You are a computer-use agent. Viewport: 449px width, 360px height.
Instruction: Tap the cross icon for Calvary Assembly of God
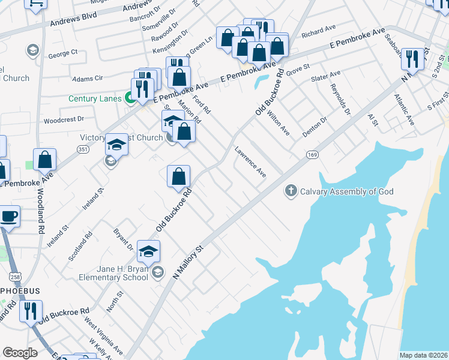point(291,191)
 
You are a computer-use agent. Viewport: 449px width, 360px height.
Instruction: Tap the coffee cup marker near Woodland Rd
point(8,216)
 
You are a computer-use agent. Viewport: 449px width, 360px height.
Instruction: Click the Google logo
point(20,353)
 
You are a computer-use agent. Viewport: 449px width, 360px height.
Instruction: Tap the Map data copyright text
point(423,355)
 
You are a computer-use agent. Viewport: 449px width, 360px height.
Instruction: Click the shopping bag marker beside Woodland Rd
point(44,160)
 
